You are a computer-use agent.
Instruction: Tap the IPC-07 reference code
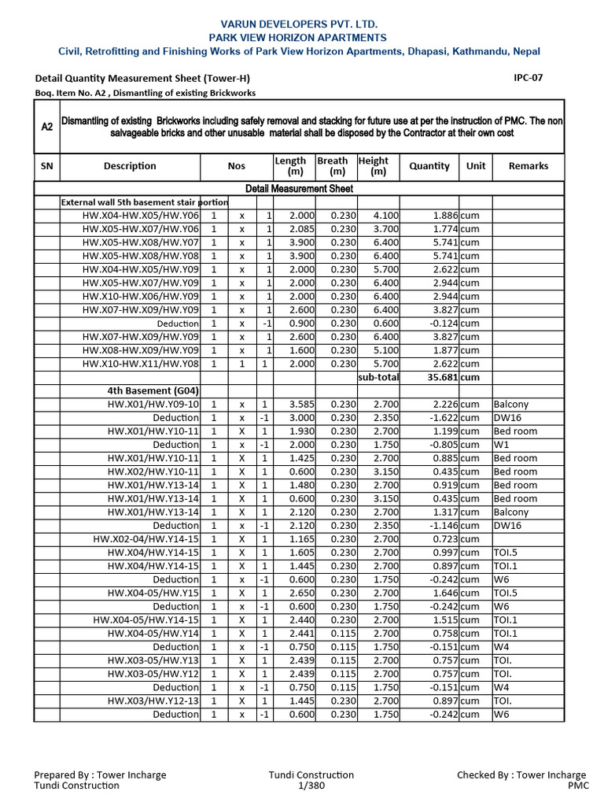click(x=527, y=77)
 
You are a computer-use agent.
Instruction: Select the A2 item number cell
click(x=47, y=126)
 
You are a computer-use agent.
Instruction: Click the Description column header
click(x=130, y=166)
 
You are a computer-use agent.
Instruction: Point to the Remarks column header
click(x=528, y=166)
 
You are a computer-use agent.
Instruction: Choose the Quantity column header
click(x=429, y=166)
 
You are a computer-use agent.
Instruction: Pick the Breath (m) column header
click(x=333, y=166)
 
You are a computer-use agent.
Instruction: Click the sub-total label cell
click(x=378, y=377)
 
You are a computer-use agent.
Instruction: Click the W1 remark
click(x=501, y=445)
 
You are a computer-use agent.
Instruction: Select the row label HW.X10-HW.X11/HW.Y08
click(x=141, y=364)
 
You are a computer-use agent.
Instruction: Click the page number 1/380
click(x=311, y=786)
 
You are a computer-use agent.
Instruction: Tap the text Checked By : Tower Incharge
click(x=521, y=775)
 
